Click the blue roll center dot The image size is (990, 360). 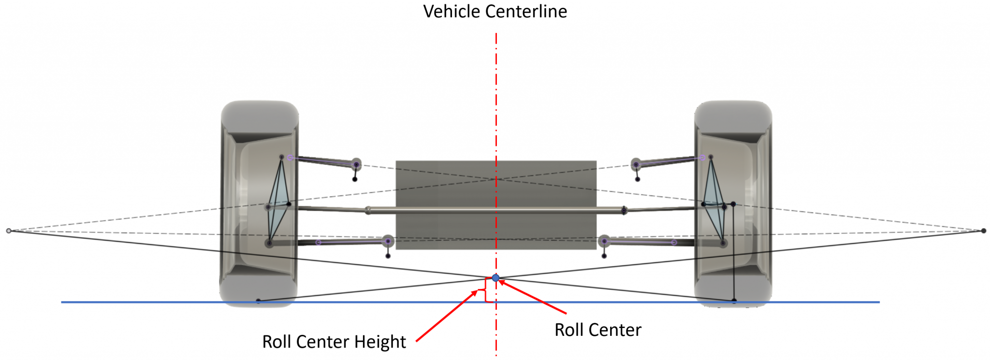(495, 278)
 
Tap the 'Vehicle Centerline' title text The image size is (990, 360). (495, 12)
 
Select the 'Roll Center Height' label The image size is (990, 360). (334, 342)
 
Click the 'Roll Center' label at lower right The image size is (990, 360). (597, 330)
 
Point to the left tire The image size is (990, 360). (259, 203)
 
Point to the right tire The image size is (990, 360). (733, 203)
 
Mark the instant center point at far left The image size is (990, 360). (9, 231)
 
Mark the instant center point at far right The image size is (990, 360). (983, 231)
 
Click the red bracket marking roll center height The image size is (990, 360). (486, 290)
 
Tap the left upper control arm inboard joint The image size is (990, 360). (356, 164)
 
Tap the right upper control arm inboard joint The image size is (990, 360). (636, 164)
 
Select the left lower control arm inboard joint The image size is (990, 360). (388, 241)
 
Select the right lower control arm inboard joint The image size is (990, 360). (604, 241)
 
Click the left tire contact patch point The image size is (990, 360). (258, 301)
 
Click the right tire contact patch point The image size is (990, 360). (734, 301)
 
